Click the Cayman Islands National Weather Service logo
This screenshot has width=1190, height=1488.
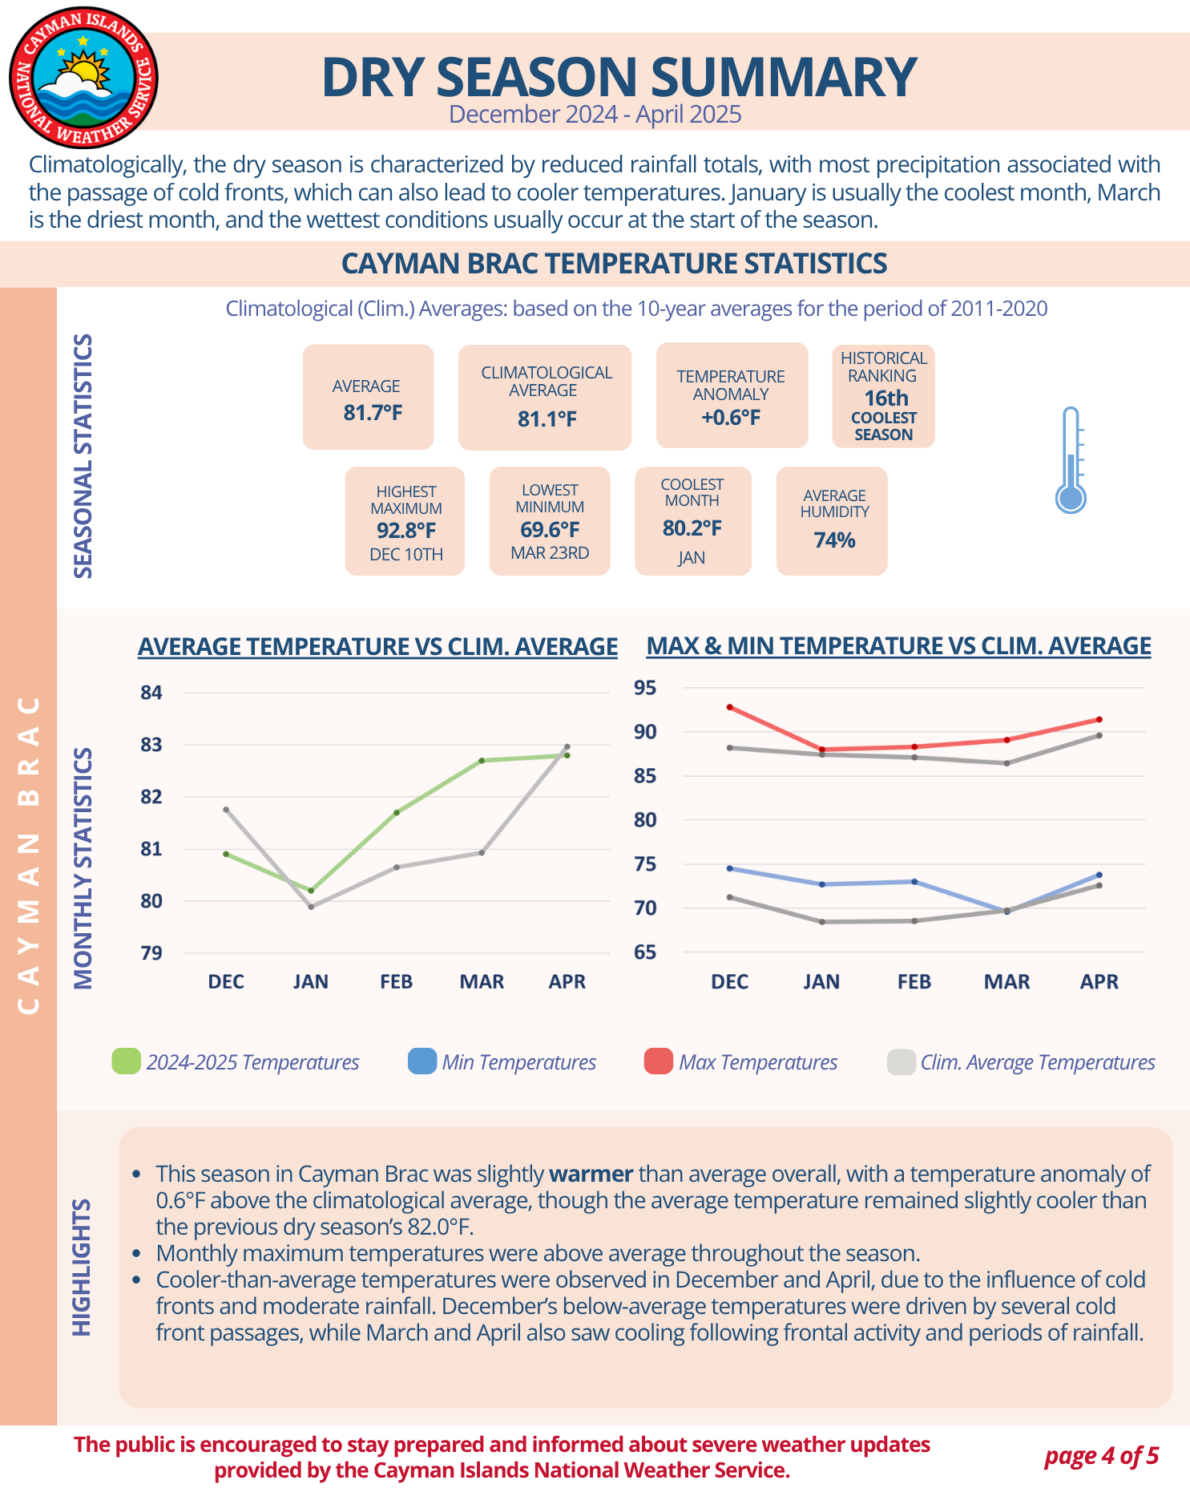pos(83,78)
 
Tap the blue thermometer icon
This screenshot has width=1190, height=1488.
pos(1071,460)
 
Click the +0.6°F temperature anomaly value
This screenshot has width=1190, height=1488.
pos(731,418)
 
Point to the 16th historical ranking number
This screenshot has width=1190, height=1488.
pos(885,398)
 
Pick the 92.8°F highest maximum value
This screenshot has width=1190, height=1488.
pos(406,531)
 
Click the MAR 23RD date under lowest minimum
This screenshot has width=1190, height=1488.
pos(550,553)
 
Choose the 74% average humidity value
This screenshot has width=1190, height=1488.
pos(834,540)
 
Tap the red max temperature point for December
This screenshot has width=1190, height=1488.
pos(729,707)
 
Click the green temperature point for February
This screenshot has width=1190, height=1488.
pos(397,813)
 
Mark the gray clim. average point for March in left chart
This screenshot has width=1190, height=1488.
pos(482,852)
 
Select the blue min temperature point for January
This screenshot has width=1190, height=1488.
pos(821,884)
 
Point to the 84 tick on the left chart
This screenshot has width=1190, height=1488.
pos(151,693)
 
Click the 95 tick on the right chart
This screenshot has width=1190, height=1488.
pos(645,688)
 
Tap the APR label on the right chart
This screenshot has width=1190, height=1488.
pos(1099,981)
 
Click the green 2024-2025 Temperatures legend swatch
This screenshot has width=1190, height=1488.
pos(127,1061)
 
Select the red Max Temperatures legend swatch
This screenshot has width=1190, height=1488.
pos(659,1061)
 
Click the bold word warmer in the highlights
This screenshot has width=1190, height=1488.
pos(591,1174)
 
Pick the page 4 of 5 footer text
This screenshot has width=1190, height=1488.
pos(1101,1455)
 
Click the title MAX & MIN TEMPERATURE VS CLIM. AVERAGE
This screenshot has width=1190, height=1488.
pos(898,646)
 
